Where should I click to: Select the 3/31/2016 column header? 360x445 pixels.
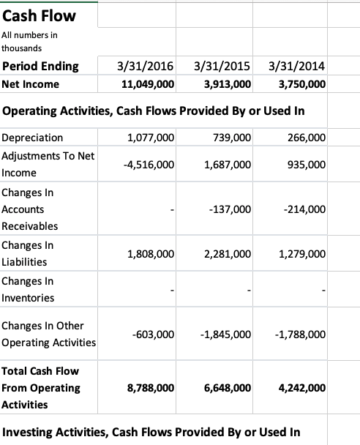point(146,67)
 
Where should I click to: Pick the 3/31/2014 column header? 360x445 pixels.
point(296,67)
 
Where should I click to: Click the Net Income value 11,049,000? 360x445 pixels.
point(146,84)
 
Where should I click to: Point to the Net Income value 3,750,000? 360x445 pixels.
point(303,84)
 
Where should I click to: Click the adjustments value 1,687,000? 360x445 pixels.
point(225,165)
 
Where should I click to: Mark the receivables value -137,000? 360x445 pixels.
point(230,209)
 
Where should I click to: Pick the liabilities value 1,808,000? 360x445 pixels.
point(150,254)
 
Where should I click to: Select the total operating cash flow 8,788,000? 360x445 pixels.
point(150,388)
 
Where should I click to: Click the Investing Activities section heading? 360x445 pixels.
point(151,430)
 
